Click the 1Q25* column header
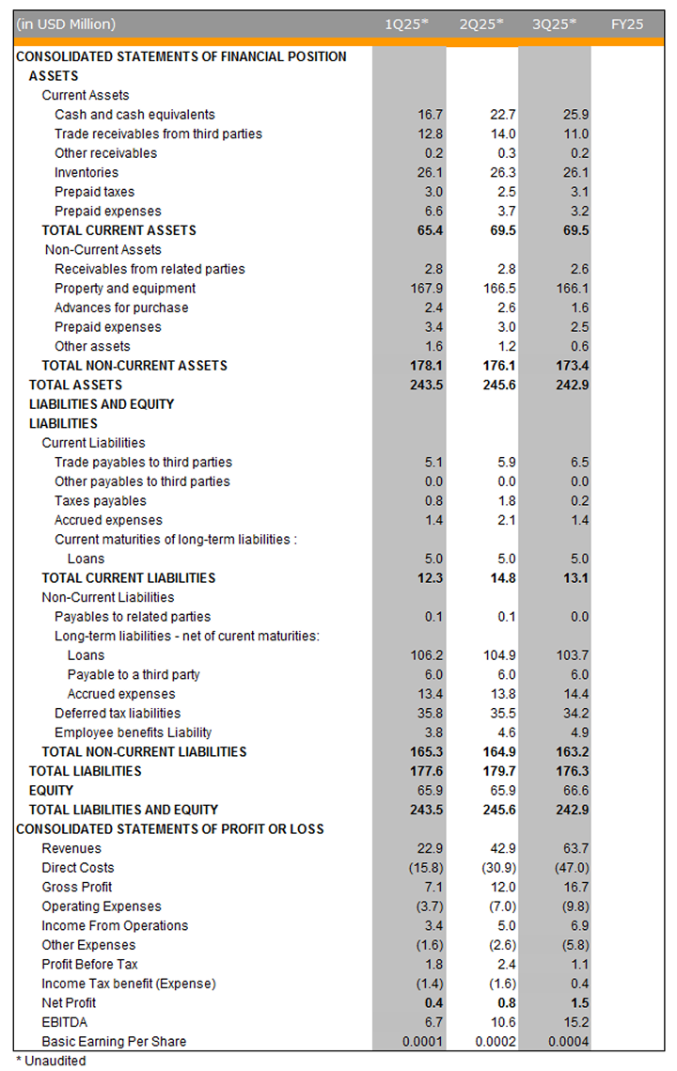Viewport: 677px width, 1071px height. pyautogui.click(x=407, y=24)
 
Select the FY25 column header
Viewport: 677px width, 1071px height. pyautogui.click(x=627, y=24)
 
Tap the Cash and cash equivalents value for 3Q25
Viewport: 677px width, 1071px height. pyautogui.click(x=574, y=115)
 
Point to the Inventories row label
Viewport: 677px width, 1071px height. pyautogui.click(x=87, y=172)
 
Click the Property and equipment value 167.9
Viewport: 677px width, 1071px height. pyautogui.click(x=425, y=289)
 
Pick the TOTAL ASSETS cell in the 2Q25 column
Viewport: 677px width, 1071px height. pyautogui.click(x=499, y=385)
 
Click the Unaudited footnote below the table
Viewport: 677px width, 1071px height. pyautogui.click(x=51, y=1061)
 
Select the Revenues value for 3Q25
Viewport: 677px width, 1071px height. pyautogui.click(x=574, y=848)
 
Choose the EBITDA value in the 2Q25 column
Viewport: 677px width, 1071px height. pyautogui.click(x=499, y=1022)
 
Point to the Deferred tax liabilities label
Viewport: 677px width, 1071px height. pyautogui.click(x=118, y=713)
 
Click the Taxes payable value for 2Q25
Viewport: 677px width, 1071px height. pyautogui.click(x=504, y=500)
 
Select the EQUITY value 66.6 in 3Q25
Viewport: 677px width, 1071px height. pyautogui.click(x=574, y=790)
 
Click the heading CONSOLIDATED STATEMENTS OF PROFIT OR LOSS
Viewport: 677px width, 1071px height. pyautogui.click(x=170, y=828)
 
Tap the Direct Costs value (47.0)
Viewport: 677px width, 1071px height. pyautogui.click(x=570, y=868)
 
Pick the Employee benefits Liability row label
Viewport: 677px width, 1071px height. pyautogui.click(x=133, y=732)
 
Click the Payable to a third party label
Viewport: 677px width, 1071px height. pyautogui.click(x=134, y=674)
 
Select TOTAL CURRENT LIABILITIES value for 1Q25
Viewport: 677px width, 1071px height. pyautogui.click(x=427, y=577)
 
